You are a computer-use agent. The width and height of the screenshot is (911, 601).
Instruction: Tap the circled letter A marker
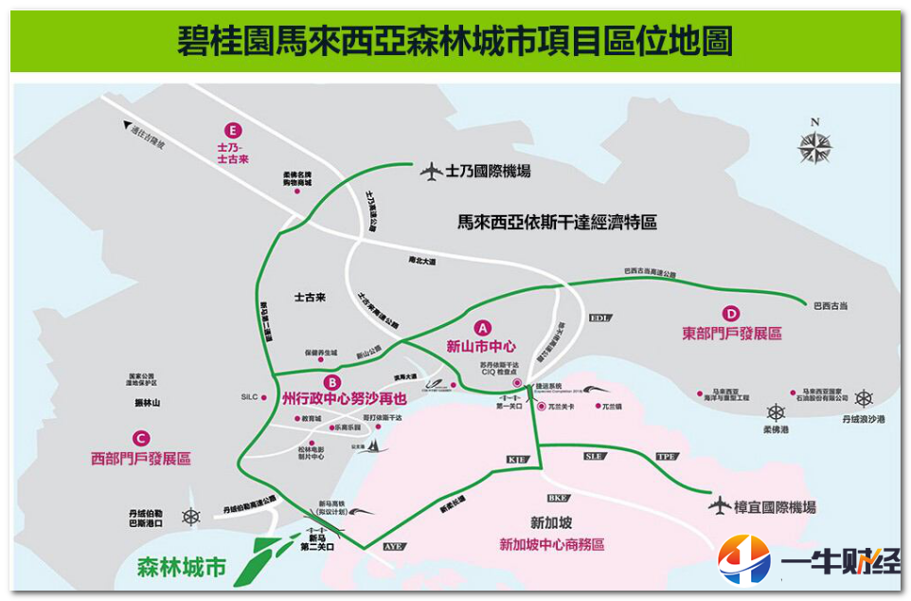[x=480, y=327]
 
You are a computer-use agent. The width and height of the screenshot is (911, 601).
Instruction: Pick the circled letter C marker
[x=141, y=438]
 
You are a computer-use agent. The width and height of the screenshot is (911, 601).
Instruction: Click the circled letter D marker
[x=730, y=314]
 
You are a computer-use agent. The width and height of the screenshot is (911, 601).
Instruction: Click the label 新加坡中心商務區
[x=552, y=544]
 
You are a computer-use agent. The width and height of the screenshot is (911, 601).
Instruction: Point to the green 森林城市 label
[x=182, y=568]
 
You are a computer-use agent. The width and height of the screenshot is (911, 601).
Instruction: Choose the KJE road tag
[x=516, y=460]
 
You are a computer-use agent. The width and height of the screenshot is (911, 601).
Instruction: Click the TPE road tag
[x=667, y=457]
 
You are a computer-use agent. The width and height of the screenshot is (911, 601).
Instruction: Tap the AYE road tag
[x=394, y=547]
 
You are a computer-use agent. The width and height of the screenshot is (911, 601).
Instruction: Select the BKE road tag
[x=557, y=498]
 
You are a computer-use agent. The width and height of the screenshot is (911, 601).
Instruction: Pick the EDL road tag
[x=600, y=318]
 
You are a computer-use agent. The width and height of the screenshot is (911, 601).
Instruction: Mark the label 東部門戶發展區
[x=732, y=334]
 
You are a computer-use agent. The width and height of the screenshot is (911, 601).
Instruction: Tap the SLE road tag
[x=594, y=456]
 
